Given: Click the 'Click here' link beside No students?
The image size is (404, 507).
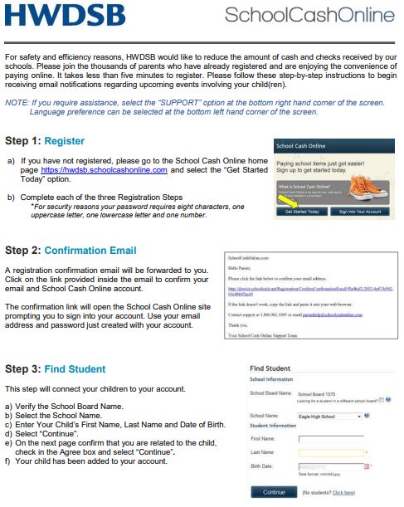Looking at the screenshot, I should click(x=343, y=492).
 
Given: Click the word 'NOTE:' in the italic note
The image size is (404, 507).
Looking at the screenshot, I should click(x=17, y=102).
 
